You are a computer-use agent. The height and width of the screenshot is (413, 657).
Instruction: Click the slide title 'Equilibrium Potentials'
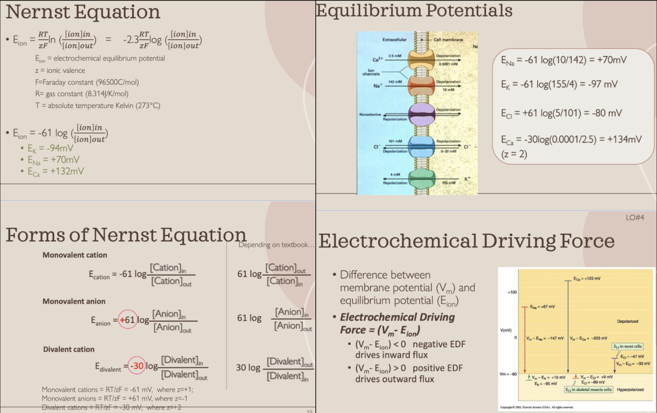coord(414,11)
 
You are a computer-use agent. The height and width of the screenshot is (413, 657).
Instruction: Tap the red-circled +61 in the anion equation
coord(128,320)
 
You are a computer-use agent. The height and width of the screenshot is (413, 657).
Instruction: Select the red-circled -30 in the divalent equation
coord(137,366)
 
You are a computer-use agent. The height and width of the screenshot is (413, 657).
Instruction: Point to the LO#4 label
coord(635,217)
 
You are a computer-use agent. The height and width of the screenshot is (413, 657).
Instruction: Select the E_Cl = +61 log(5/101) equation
coord(561,113)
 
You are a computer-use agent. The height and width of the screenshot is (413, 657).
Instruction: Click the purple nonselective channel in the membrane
coord(422,113)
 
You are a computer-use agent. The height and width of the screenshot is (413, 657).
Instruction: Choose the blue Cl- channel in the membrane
coord(422,146)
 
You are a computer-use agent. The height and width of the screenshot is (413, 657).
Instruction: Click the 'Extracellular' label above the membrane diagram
coord(394,39)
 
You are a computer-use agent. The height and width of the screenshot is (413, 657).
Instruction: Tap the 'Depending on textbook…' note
coord(276,245)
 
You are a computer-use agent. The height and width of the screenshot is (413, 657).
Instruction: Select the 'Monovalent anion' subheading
coord(74,301)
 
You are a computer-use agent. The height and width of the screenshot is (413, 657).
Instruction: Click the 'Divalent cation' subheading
coord(68,349)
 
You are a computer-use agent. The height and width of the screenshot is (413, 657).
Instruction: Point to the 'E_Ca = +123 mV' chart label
coord(587,278)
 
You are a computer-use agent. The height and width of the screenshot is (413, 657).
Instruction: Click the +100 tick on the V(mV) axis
coord(512,292)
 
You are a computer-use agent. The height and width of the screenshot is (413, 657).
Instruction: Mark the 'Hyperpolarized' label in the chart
coord(630,389)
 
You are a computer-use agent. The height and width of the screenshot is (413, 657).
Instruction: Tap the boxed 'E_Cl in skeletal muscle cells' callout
coord(589,389)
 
